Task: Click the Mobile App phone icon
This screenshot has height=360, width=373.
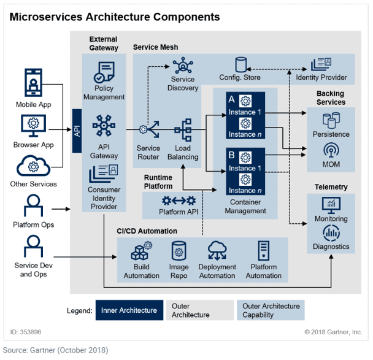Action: pyautogui.click(x=33, y=82)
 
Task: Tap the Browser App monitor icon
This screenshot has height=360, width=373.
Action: pyautogui.click(x=33, y=126)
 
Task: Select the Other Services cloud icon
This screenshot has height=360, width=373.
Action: pyautogui.click(x=33, y=166)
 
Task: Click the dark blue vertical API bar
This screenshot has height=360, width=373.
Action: pyautogui.click(x=77, y=131)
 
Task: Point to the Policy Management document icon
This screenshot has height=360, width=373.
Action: pyautogui.click(x=104, y=72)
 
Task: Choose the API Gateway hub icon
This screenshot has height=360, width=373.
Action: pyautogui.click(x=104, y=126)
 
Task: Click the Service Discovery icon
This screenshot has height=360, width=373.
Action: pyautogui.click(x=183, y=65)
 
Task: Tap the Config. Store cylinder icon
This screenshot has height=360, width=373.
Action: pyautogui.click(x=240, y=64)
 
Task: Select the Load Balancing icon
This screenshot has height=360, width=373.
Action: pyautogui.click(x=183, y=130)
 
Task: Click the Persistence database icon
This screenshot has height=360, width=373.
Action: pyautogui.click(x=331, y=120)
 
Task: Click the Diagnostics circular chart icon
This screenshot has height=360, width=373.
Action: pyautogui.click(x=331, y=233)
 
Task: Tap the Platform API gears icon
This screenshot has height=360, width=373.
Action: pyautogui.click(x=179, y=201)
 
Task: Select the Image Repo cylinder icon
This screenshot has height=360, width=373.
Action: pyautogui.click(x=179, y=251)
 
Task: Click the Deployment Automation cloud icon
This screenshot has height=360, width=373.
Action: pyautogui.click(x=217, y=250)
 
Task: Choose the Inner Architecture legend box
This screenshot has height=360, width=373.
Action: pyautogui.click(x=129, y=310)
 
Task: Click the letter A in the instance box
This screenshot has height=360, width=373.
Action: pyautogui.click(x=231, y=99)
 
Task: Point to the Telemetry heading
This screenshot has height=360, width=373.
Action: pyautogui.click(x=331, y=187)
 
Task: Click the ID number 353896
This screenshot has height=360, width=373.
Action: pyautogui.click(x=31, y=332)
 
